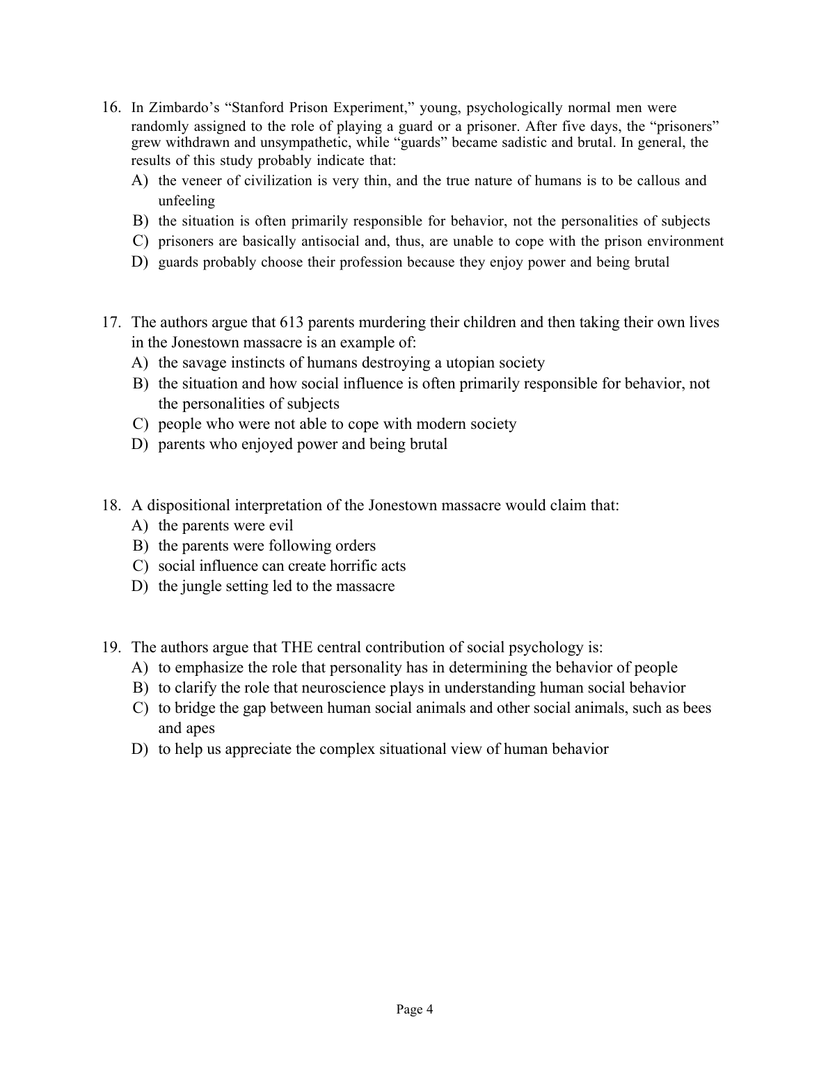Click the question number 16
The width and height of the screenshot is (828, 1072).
coord(112,107)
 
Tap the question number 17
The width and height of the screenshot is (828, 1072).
coord(112,322)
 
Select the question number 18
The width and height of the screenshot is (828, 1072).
coord(112,505)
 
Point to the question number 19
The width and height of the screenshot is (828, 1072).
coord(112,647)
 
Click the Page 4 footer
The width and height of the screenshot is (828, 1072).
coord(415,1009)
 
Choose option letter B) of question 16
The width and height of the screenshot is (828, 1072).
coord(141,221)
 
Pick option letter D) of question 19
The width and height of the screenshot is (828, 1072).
coord(141,749)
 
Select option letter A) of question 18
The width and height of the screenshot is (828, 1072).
coord(141,526)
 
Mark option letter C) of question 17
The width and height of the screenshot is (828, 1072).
coord(141,424)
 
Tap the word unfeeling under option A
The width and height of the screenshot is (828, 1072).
coord(186,201)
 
